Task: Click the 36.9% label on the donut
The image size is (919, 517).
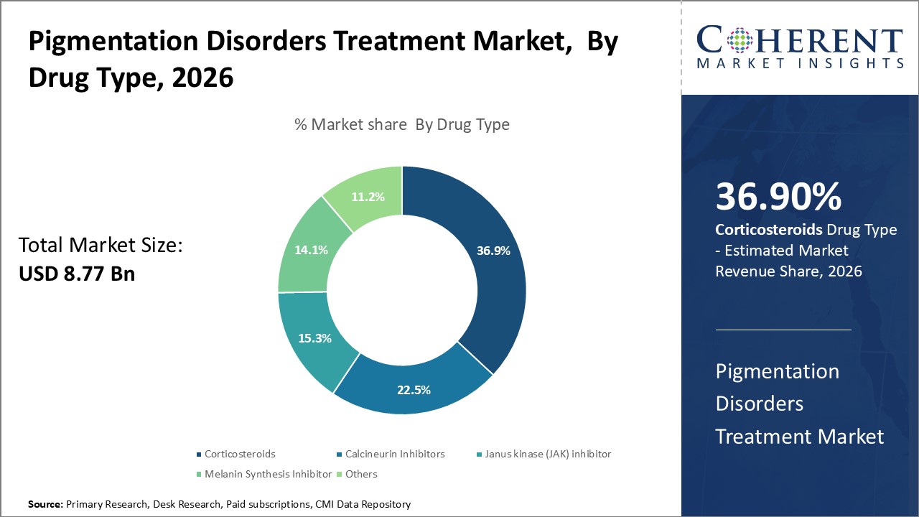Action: coord(493,251)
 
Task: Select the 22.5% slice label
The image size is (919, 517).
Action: coord(414,390)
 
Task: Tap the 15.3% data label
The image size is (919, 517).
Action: coord(314,337)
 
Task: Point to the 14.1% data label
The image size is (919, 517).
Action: coord(311,250)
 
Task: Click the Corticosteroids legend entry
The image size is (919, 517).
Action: coord(239,454)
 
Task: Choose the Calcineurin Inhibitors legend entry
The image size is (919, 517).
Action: coord(395,454)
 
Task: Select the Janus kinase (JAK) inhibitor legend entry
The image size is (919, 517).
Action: coord(548,454)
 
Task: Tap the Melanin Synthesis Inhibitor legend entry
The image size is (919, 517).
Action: coord(268,474)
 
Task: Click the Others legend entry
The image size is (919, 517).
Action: coord(360,474)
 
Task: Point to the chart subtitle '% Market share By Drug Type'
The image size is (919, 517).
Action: coord(402,124)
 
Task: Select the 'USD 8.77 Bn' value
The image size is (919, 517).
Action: coord(77,273)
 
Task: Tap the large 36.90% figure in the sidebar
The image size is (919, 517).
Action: coord(778,197)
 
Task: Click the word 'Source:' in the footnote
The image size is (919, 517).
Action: coord(45,505)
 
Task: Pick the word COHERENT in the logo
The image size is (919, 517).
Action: coord(799,41)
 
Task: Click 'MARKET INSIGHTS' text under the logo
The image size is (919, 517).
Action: coord(799,64)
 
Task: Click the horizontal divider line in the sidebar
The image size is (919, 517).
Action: coord(783,330)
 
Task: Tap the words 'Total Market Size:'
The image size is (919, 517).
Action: coord(101,246)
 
